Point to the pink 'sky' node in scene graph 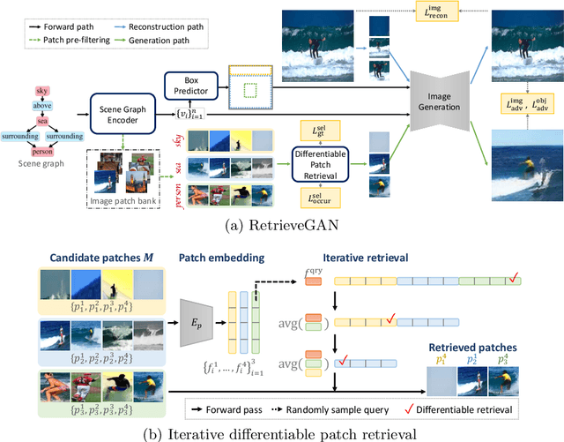[x=42, y=91]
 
